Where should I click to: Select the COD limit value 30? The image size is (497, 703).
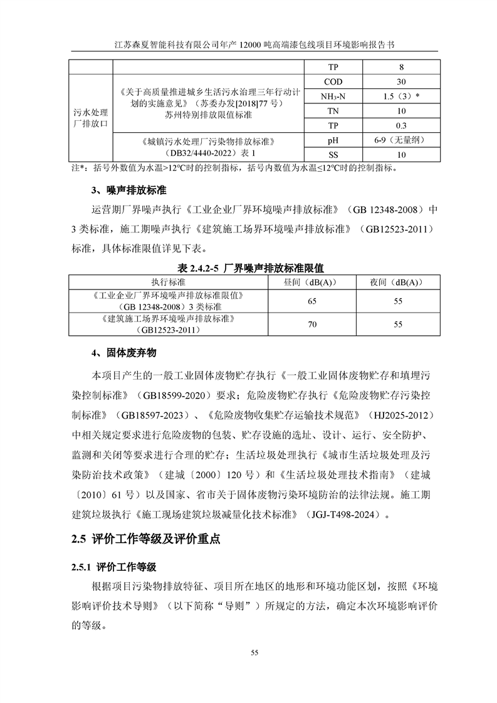[401, 81]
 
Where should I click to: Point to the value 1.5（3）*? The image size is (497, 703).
[401, 96]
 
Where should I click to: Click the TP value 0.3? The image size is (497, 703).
[401, 125]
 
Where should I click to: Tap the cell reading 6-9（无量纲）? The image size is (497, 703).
[401, 140]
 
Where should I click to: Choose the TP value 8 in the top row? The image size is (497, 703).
[401, 67]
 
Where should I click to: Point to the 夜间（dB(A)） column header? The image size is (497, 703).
[397, 283]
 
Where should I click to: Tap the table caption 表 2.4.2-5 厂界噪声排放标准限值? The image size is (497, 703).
[249, 268]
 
